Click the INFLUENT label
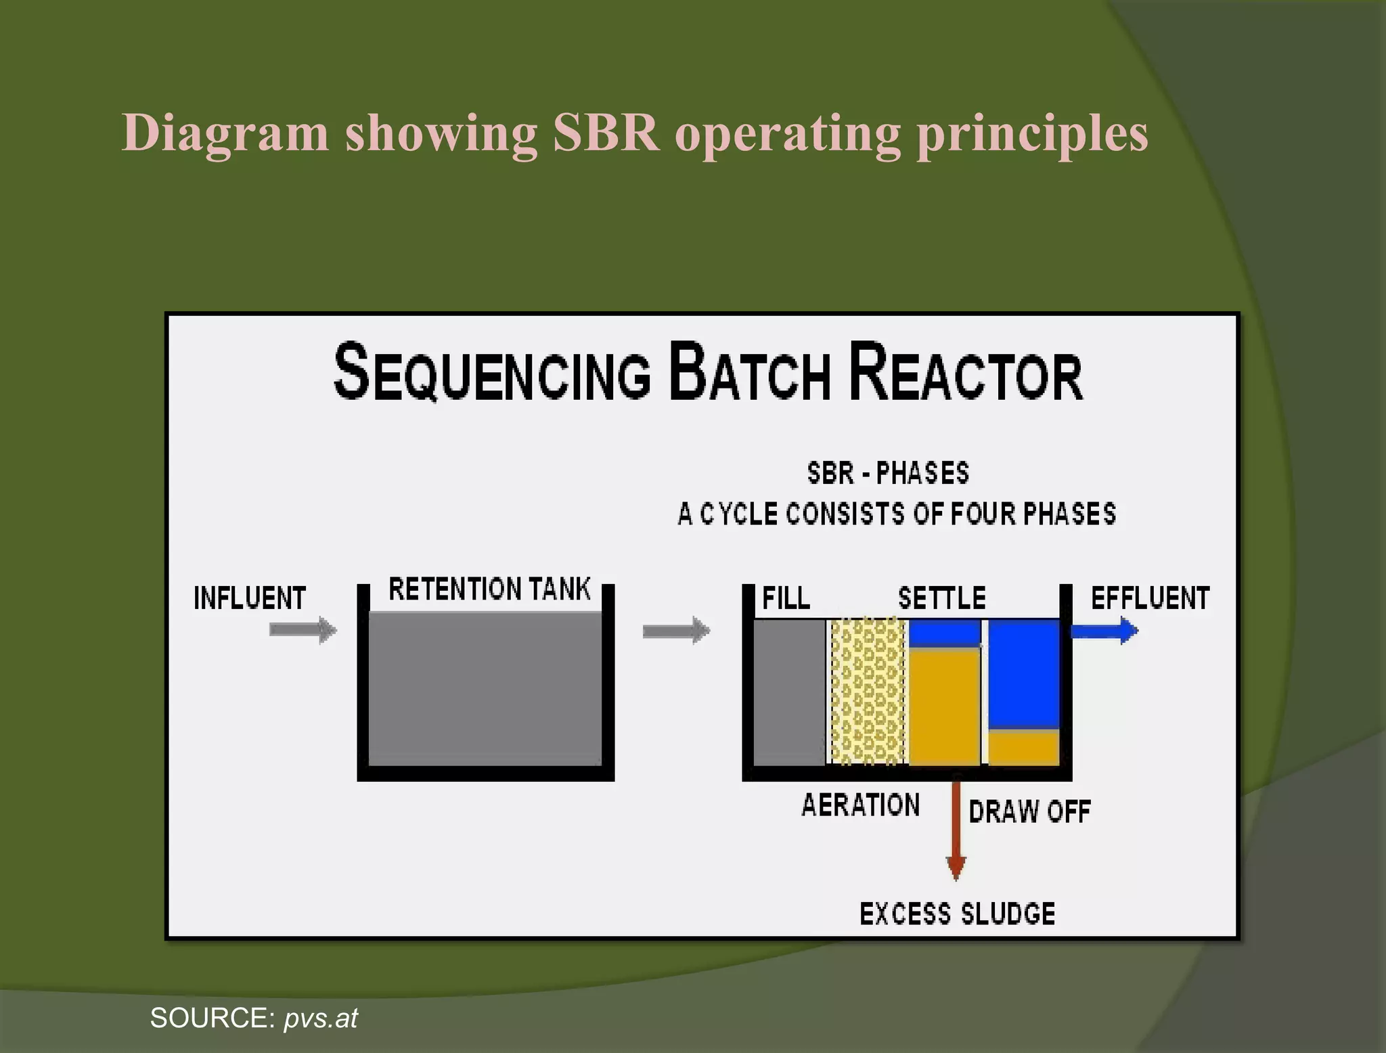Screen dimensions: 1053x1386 pos(250,598)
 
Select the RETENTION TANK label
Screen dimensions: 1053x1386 pos(489,589)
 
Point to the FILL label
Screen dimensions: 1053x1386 pos(786,598)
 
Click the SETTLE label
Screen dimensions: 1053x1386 pos(941,598)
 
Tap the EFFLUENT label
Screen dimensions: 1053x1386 pos(1150,598)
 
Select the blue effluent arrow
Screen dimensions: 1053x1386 pos(1103,631)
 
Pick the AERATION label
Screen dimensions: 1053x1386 pos(860,805)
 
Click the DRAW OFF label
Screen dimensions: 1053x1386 pos(1029,811)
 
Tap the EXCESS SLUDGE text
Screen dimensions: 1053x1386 pos(957,914)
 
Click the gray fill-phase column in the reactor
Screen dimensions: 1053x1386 pos(789,692)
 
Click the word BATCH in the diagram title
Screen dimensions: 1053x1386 pos(749,373)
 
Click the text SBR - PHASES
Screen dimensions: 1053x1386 pos(888,472)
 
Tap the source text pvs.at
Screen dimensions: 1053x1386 pos(321,1018)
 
